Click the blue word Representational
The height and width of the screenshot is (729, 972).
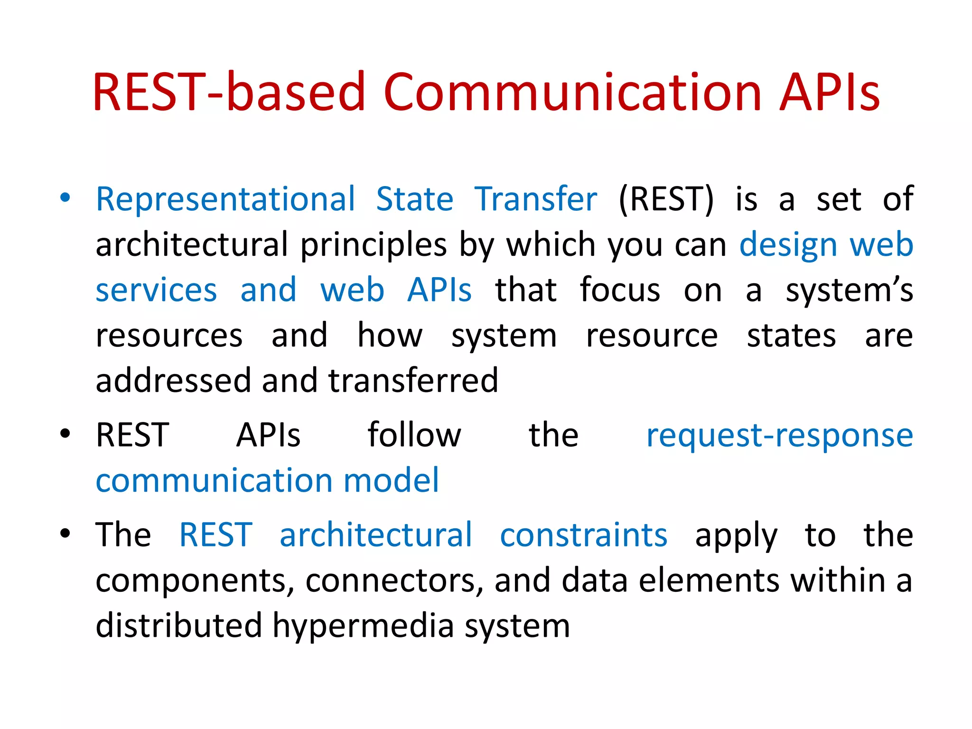(225, 199)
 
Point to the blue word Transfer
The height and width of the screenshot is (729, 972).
(535, 199)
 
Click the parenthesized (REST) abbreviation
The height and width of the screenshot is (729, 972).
(666, 199)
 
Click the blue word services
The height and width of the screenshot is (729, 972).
(156, 290)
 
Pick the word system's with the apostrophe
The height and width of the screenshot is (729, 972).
(849, 290)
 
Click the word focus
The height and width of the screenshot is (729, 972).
(620, 290)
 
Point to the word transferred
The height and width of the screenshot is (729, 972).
(413, 381)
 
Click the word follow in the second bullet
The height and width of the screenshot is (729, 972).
(414, 435)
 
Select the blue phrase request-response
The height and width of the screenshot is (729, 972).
(779, 436)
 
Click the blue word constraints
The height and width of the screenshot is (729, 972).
(583, 535)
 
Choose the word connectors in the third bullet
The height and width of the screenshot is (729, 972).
(391, 580)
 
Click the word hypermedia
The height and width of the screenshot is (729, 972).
(363, 626)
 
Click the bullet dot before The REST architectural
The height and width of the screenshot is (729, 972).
(65, 533)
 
